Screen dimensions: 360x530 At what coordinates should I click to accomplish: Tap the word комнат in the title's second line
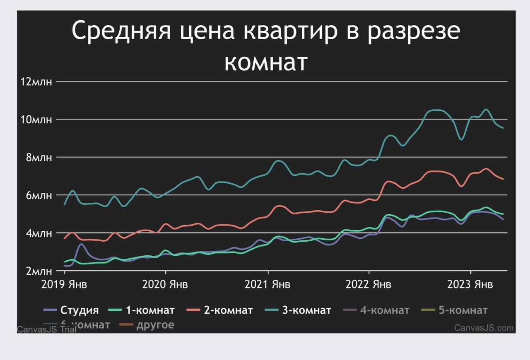tap(266, 62)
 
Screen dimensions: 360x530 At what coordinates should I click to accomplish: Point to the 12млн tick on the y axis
tap(36, 82)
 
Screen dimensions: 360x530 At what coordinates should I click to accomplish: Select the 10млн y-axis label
tap(36, 120)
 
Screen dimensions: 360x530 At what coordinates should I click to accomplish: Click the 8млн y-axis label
tap(39, 158)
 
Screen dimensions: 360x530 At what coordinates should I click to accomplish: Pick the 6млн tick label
tap(39, 195)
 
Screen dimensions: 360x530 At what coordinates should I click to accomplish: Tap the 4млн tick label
tap(39, 233)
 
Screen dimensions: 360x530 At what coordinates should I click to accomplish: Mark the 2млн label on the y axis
tap(39, 271)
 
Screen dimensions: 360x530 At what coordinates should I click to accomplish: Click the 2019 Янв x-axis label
tap(64, 285)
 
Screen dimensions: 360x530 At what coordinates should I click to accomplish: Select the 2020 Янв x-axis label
tap(165, 285)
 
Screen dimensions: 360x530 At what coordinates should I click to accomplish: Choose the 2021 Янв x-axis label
tap(267, 285)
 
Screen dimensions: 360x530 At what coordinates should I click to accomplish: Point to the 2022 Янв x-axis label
tap(369, 285)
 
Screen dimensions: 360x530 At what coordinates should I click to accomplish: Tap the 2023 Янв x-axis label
tap(470, 285)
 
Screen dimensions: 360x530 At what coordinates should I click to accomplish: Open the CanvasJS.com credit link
tap(484, 328)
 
